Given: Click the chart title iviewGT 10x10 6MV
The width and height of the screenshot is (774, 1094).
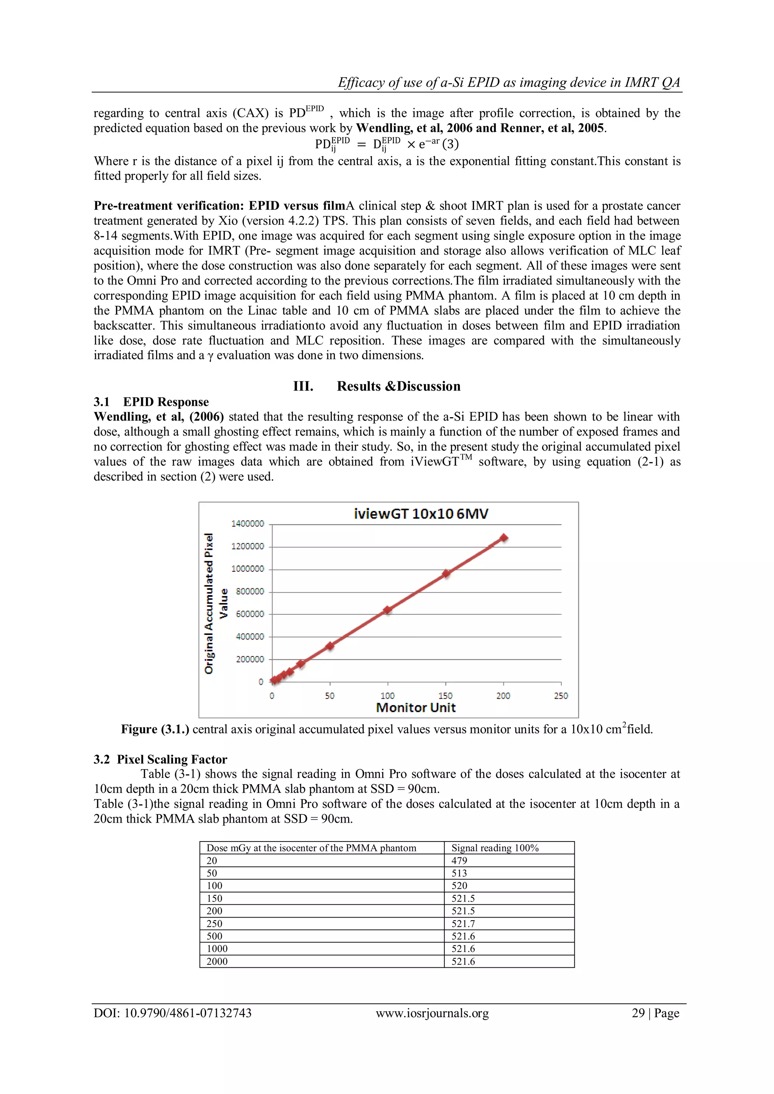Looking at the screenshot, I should (x=421, y=514).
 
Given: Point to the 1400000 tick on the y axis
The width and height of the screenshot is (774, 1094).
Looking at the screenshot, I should (x=248, y=524).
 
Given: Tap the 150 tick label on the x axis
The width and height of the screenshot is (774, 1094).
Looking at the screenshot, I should (x=445, y=696).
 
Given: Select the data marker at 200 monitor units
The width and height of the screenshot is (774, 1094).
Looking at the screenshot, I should (x=503, y=538).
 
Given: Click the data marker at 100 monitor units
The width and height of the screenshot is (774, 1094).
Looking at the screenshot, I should (x=387, y=610).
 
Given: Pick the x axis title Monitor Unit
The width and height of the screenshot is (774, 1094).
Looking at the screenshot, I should (x=416, y=707).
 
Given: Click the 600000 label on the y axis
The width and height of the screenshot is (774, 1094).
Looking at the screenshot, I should (x=250, y=614).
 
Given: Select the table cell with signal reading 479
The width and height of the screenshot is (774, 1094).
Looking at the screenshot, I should (x=460, y=860).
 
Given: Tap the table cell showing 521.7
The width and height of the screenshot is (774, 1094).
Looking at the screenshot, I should (x=463, y=924).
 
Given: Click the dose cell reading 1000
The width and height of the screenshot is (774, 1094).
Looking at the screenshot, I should (x=217, y=949).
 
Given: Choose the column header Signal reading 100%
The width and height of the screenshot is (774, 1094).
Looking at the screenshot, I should (x=495, y=848).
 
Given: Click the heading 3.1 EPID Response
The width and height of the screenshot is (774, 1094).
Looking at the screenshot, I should (x=151, y=402).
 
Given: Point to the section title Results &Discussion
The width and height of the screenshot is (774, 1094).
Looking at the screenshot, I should (x=398, y=386).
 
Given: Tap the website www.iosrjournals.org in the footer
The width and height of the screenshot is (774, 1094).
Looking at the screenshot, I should (x=432, y=1013).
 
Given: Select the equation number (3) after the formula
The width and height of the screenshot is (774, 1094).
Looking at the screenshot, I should (x=450, y=144).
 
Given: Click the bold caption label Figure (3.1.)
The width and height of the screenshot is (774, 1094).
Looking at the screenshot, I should (x=155, y=729).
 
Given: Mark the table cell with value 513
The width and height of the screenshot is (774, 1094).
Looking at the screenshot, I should (x=460, y=873).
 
